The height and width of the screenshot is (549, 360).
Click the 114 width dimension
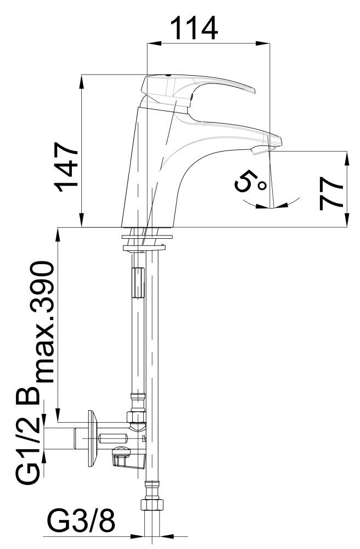pos(194,29)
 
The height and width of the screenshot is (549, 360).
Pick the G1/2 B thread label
pos(28,435)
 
